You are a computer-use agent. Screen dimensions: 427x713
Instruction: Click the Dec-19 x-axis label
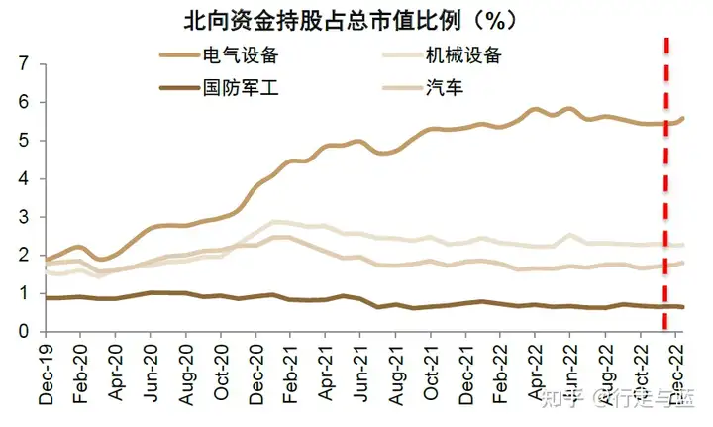[x=46, y=371]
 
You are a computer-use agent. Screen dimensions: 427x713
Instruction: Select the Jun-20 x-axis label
[x=151, y=371]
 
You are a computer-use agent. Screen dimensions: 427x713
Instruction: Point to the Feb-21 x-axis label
[x=290, y=371]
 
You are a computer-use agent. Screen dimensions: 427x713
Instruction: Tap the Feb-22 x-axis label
[x=501, y=371]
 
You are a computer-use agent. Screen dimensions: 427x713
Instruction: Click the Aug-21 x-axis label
[x=395, y=371]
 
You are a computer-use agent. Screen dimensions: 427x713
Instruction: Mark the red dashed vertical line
[x=665, y=198]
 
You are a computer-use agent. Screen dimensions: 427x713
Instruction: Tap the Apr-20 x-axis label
[x=116, y=371]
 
